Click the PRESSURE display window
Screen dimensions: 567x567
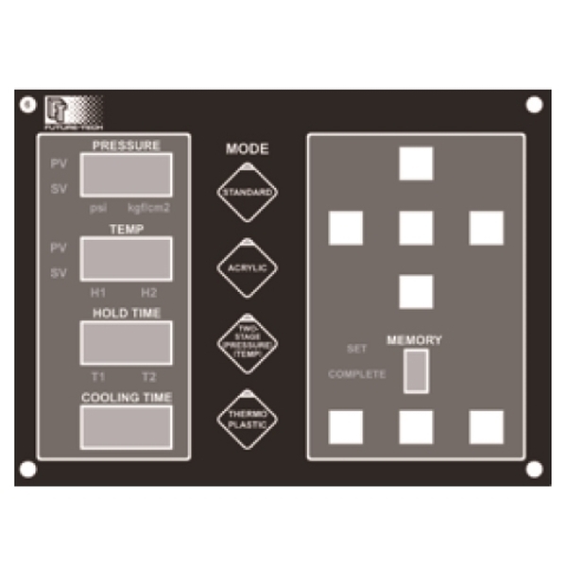click(126, 175)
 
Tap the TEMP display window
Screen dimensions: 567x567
click(126, 258)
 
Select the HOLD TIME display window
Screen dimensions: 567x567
click(126, 342)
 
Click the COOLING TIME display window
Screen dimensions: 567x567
click(126, 426)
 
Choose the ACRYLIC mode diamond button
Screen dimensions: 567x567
click(247, 268)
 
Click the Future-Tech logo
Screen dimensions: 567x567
click(71, 112)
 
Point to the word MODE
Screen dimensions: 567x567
click(247, 148)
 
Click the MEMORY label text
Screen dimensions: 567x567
click(414, 340)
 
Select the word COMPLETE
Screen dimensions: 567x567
click(356, 374)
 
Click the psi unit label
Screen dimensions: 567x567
click(98, 207)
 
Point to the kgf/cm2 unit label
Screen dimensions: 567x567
click(149, 207)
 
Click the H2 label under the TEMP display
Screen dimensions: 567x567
click(149, 292)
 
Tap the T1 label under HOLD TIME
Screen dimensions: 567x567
click(98, 376)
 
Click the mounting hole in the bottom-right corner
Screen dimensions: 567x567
click(534, 469)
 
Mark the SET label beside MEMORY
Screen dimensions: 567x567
click(356, 349)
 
